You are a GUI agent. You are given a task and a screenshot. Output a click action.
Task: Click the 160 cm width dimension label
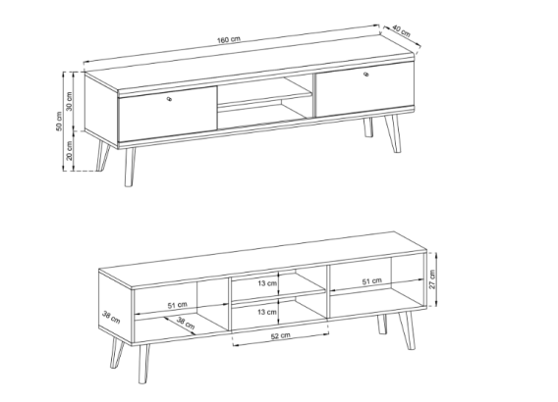coord(229,39)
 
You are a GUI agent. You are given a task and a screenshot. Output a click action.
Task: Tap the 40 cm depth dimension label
coord(402,31)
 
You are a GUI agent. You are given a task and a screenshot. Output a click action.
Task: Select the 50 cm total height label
coord(59,122)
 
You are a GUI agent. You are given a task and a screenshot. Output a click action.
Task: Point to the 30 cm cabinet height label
coord(69,101)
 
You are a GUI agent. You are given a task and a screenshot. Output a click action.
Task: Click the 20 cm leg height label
coord(70,150)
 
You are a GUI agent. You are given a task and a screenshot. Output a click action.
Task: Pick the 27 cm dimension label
coord(432,279)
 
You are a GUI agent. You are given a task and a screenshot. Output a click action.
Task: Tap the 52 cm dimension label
coord(280,335)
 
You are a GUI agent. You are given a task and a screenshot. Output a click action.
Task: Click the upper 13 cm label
coord(267,283)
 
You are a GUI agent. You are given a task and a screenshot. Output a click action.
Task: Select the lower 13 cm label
coord(267,312)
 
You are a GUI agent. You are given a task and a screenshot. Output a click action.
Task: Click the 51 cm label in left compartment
coord(177,305)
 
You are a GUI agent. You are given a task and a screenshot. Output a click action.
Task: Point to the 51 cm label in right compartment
coord(372,281)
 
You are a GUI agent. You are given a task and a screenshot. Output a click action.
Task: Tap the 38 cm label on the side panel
coord(111,317)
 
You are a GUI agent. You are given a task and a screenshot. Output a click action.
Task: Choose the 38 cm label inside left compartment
coord(186,324)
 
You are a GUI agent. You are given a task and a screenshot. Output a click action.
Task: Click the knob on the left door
coord(169,99)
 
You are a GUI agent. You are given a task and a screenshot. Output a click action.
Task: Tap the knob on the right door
coord(366,74)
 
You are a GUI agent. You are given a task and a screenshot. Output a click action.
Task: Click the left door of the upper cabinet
coord(168,114)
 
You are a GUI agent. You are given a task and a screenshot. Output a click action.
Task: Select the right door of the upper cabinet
coord(365,90)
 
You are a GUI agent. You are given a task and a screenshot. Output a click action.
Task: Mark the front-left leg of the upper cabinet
coord(130,167)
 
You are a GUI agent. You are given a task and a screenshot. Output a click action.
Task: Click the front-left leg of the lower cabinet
coord(143,364)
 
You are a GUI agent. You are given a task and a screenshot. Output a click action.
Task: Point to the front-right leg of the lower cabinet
coord(408,330)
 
